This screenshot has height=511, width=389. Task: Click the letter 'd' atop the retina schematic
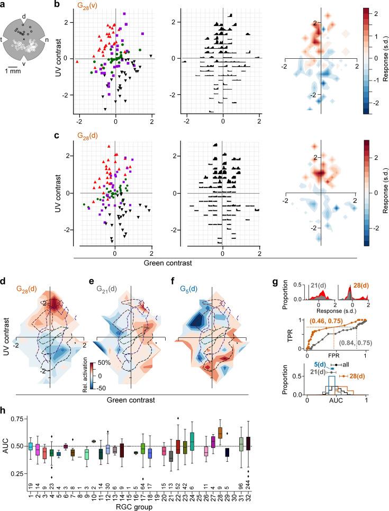[23, 17]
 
